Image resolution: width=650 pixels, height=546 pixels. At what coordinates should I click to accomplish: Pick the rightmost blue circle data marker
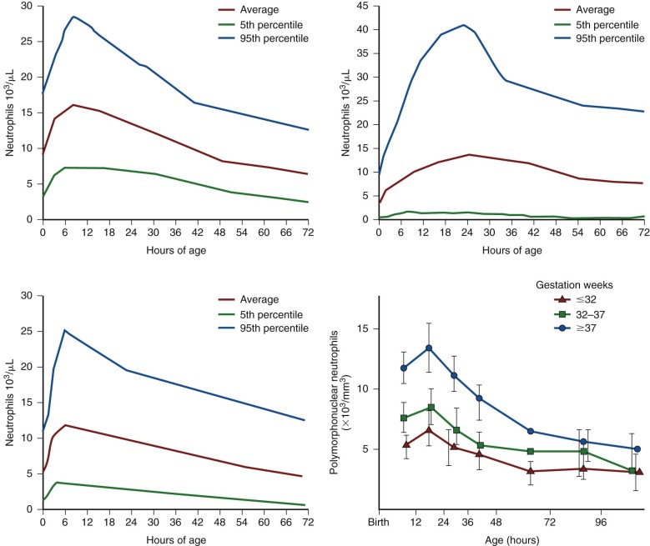(637, 448)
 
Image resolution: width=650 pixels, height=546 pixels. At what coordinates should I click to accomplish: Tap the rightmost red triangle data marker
(639, 472)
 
